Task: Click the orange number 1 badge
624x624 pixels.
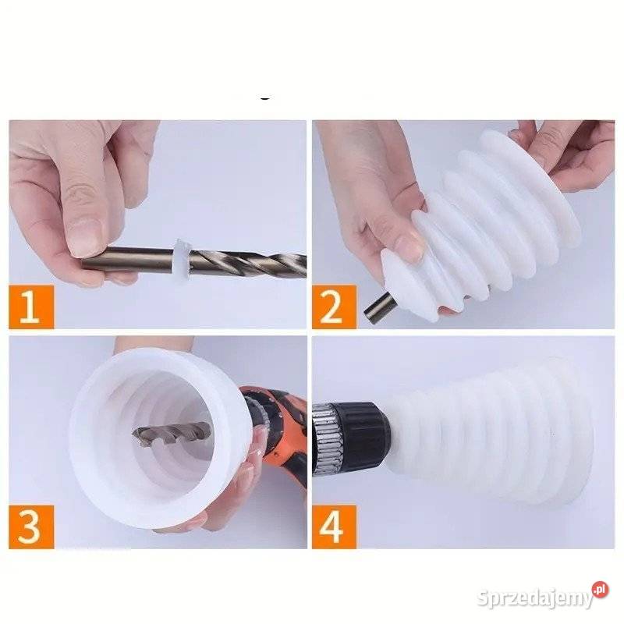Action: [31, 307]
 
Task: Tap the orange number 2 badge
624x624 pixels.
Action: [335, 307]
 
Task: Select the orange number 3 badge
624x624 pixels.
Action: [31, 527]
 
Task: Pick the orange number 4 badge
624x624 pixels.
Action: [335, 527]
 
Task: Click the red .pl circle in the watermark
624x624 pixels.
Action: [600, 590]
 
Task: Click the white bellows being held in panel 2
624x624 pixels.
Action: [477, 223]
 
